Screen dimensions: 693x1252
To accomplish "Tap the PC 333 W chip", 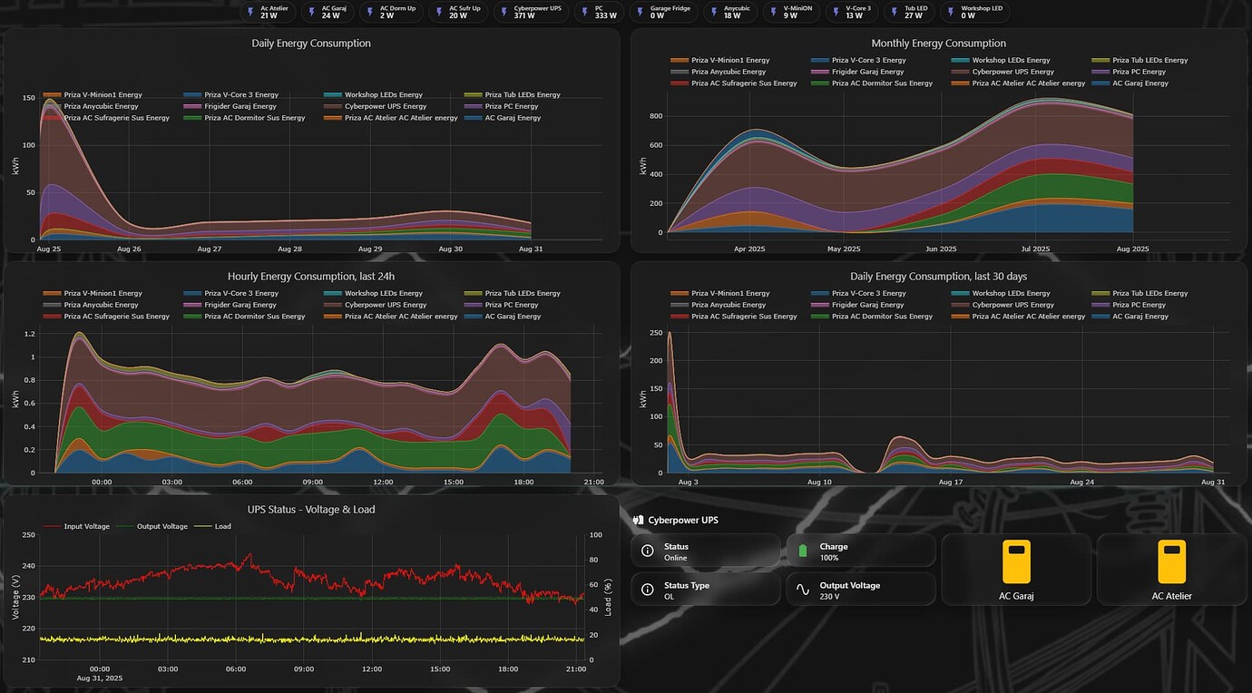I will (598, 12).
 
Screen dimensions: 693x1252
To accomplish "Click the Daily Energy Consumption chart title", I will (311, 43).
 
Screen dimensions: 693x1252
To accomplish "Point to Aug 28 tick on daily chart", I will (289, 249).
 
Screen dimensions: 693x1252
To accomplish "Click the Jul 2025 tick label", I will (1035, 249).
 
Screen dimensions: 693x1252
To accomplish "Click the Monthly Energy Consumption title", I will (938, 43).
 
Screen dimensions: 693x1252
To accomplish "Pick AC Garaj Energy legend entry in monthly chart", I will (1133, 83).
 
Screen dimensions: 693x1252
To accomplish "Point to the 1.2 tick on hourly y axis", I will (30, 335).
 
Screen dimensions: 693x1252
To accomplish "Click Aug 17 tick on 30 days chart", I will (950, 482).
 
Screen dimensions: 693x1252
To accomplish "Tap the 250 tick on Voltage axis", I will (27, 535).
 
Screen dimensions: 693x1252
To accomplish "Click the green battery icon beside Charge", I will (803, 551).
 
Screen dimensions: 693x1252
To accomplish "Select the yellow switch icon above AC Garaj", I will (1016, 561).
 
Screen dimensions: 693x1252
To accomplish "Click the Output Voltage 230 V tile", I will (860, 590).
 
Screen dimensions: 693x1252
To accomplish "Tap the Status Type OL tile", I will (706, 590).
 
